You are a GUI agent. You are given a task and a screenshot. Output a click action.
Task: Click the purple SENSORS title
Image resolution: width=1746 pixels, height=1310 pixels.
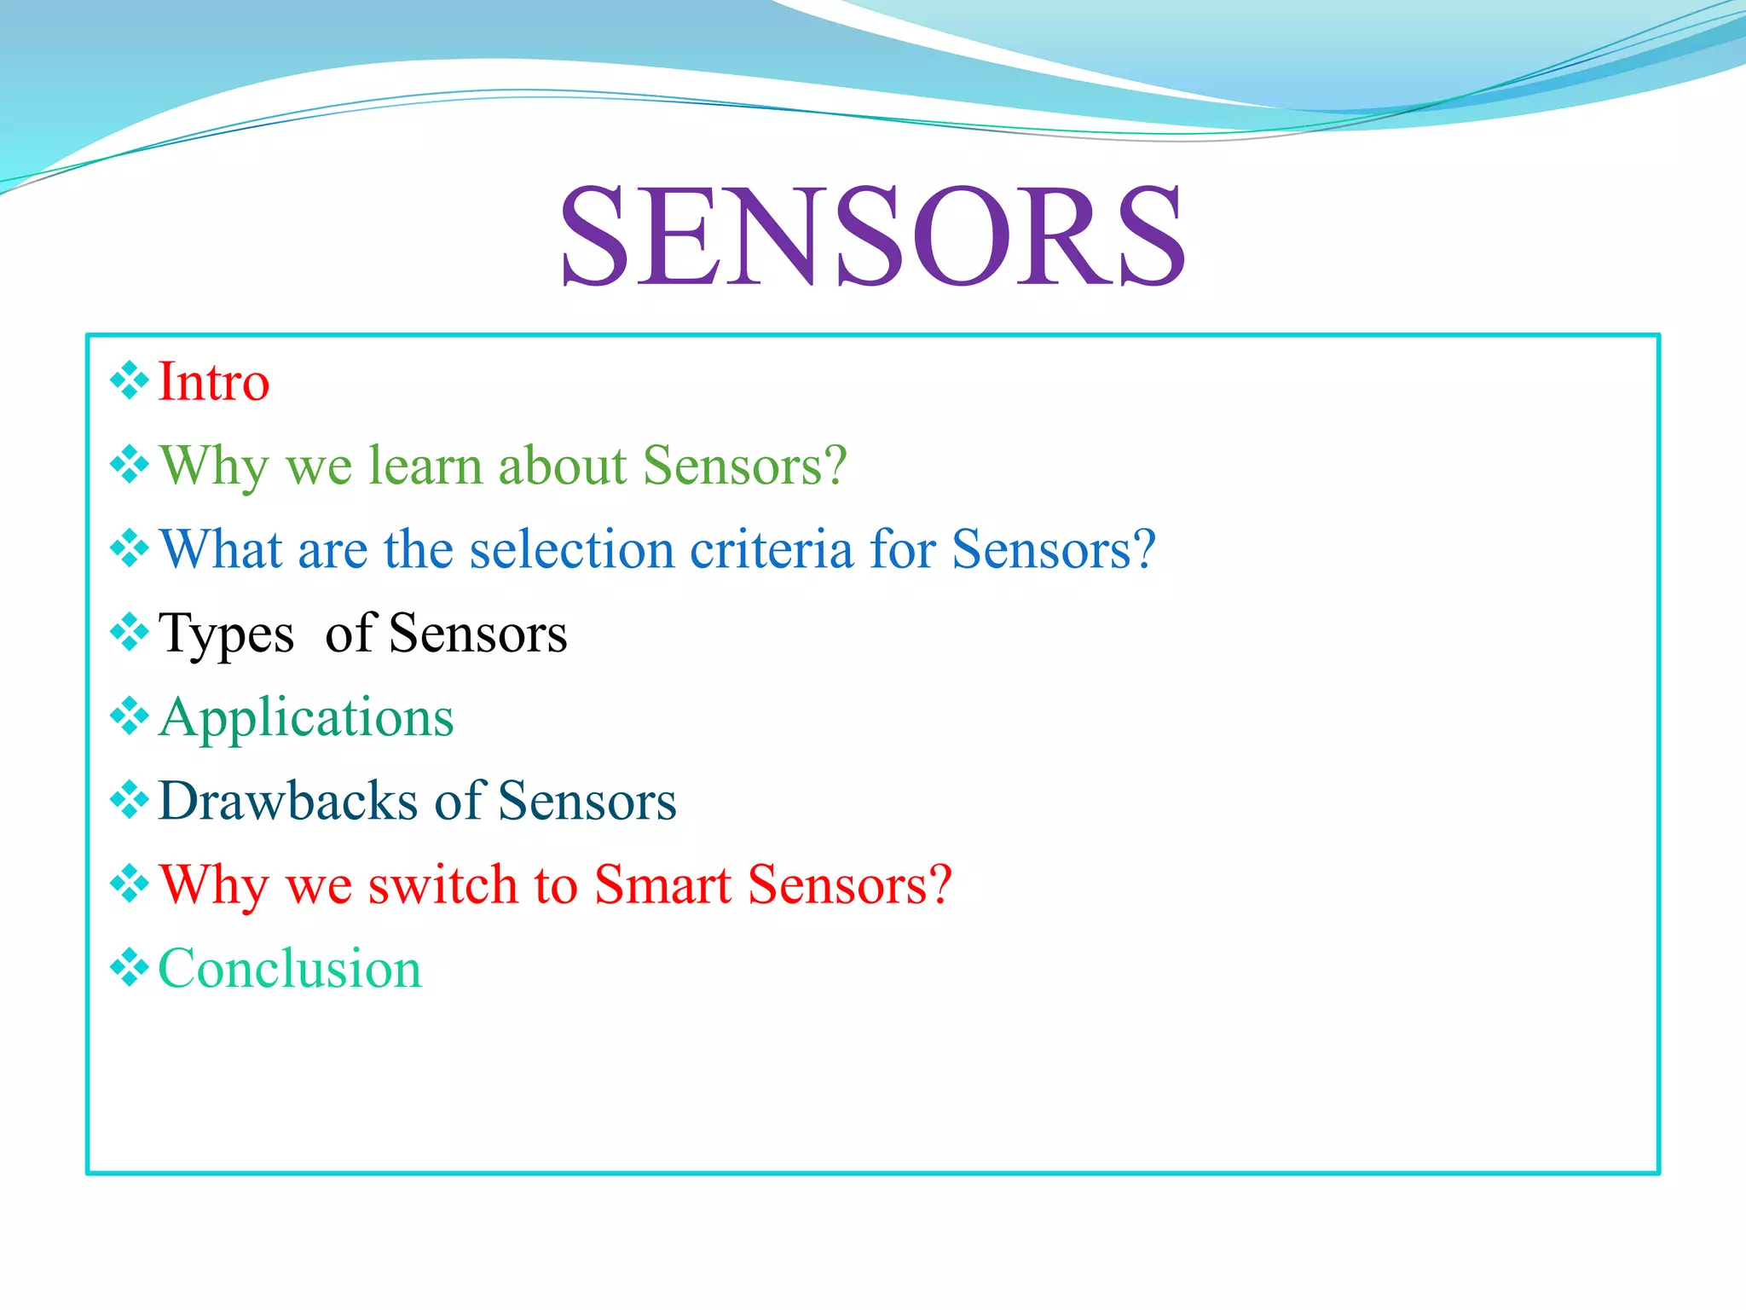tap(871, 236)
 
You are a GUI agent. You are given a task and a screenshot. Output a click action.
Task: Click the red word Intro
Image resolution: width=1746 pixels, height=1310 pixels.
tap(214, 381)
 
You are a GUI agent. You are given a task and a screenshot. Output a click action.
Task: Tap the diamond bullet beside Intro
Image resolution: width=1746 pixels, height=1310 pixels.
tap(130, 380)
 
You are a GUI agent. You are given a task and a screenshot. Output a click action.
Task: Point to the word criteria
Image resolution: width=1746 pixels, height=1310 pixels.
tap(771, 549)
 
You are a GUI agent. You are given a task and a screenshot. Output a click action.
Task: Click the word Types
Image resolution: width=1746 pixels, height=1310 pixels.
tap(226, 635)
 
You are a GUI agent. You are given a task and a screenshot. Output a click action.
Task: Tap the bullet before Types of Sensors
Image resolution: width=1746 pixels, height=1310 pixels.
tap(130, 632)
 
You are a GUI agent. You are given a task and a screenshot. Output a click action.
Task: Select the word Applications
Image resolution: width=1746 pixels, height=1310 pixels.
tap(306, 718)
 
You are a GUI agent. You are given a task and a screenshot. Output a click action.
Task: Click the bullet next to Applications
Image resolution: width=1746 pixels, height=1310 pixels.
tap(130, 716)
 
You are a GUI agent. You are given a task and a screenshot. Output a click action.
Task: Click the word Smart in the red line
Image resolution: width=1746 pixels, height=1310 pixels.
tap(662, 884)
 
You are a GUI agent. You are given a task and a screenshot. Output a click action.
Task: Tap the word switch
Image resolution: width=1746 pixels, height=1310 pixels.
tap(442, 884)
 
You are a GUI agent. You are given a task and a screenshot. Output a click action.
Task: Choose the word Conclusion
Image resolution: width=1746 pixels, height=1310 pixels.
tap(290, 969)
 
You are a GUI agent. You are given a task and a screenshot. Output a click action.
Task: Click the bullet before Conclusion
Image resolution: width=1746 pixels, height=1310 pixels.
tap(130, 968)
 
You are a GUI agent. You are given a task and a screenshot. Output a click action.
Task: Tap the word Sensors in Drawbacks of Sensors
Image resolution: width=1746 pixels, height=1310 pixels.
tap(587, 801)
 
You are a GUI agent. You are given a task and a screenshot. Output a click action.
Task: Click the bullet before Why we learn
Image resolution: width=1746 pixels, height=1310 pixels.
tap(130, 465)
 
